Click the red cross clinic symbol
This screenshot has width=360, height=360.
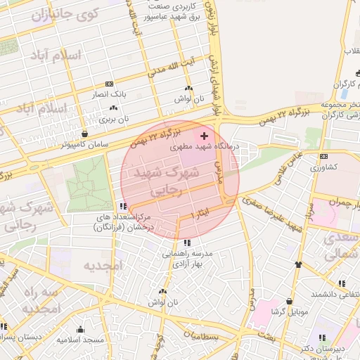pos(205,136)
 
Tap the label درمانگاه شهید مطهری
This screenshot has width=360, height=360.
pos(206,148)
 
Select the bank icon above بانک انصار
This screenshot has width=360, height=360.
pos(109,84)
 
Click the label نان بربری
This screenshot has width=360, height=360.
pos(115,120)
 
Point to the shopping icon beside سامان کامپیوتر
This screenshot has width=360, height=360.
pos(85,134)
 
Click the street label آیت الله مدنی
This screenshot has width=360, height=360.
pos(169,68)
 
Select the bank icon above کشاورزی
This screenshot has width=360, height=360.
pos(323,156)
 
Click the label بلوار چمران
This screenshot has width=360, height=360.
pos(333,201)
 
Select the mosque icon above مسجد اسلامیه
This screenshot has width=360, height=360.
pos(80,330)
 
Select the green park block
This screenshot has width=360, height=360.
pos(89,180)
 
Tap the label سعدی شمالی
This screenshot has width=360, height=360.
pos(342,246)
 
